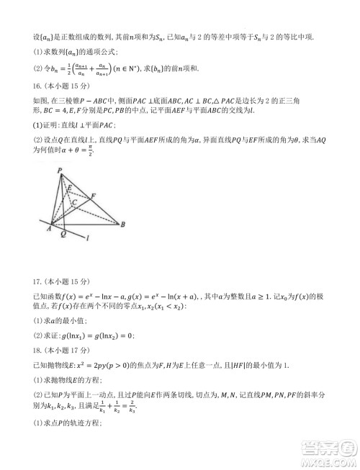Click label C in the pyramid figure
(x=74, y=204)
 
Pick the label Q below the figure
(x=63, y=235)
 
